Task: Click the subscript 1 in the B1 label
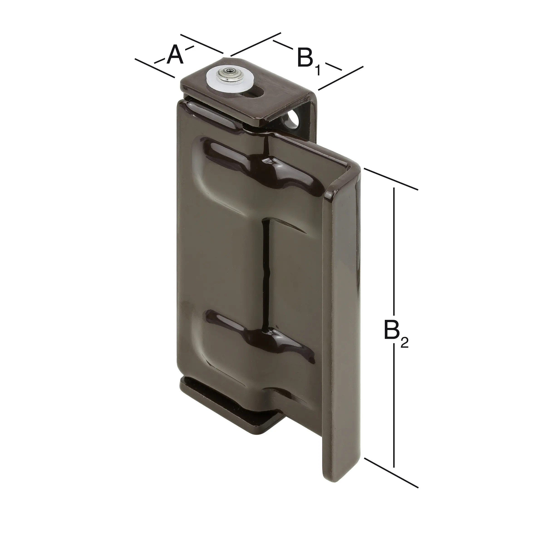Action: [317, 71]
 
